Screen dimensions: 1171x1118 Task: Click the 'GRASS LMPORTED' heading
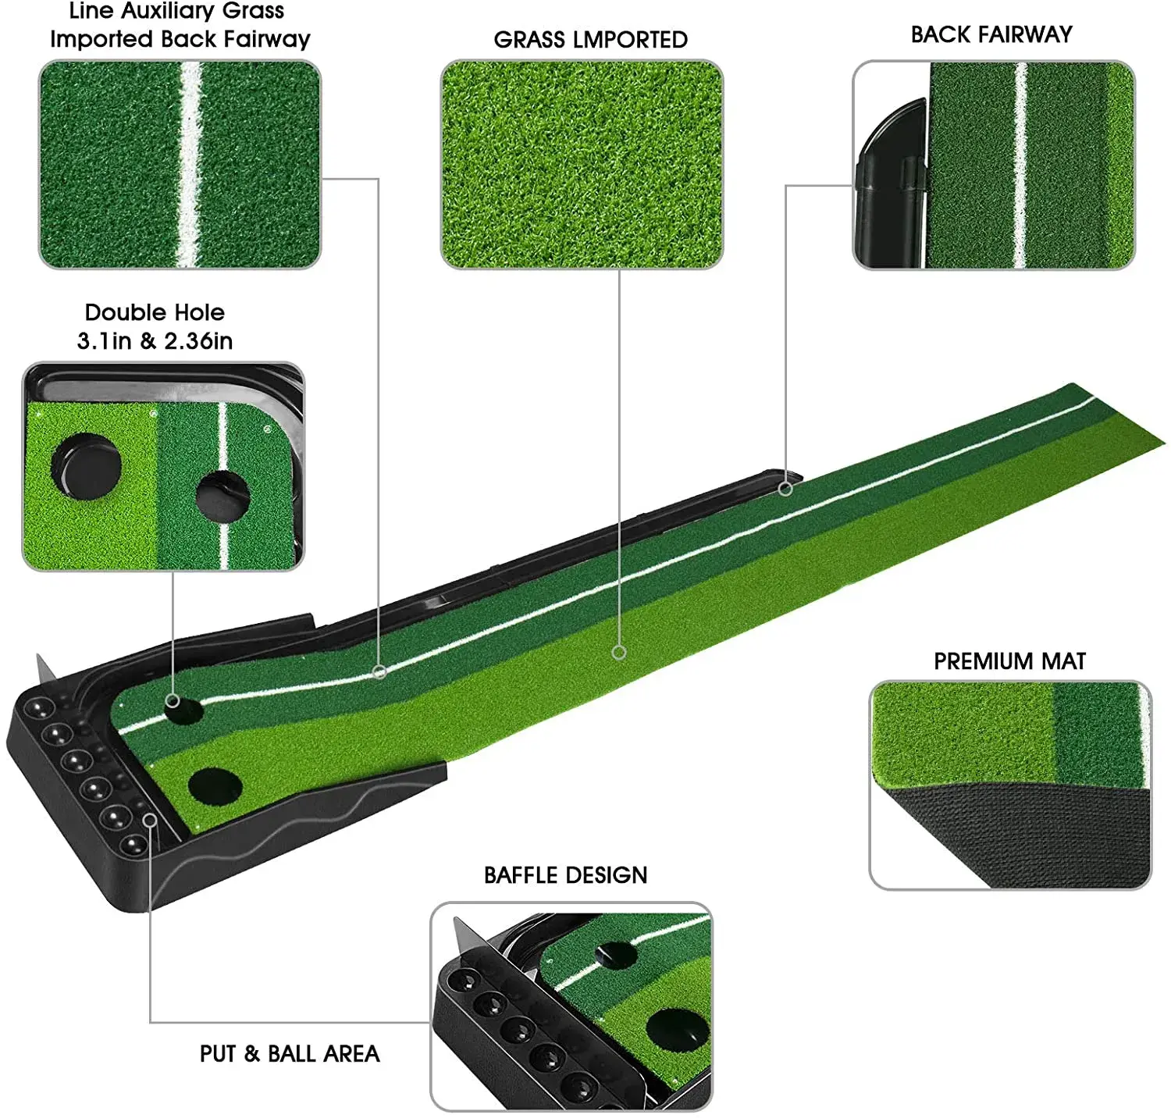[x=590, y=40]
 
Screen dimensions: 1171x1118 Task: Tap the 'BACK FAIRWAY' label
[x=991, y=34]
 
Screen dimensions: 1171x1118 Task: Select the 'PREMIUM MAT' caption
[x=1009, y=661]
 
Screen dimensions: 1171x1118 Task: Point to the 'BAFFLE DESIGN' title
[x=565, y=875]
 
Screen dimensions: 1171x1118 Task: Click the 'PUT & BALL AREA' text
[x=290, y=1054]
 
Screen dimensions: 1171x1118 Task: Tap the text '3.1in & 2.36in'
[x=155, y=341]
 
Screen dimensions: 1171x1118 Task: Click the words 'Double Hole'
[x=155, y=312]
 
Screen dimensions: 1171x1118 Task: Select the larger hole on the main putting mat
[x=215, y=785]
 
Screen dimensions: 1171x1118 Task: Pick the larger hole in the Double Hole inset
[x=86, y=467]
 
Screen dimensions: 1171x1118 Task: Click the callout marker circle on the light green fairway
[x=619, y=652]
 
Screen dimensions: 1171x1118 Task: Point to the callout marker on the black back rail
[x=785, y=489]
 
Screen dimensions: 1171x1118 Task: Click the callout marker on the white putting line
[x=379, y=671]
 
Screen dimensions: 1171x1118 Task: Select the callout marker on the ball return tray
[x=150, y=820]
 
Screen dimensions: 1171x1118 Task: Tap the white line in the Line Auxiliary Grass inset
[x=190, y=164]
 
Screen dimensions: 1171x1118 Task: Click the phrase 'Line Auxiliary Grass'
[x=176, y=11]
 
